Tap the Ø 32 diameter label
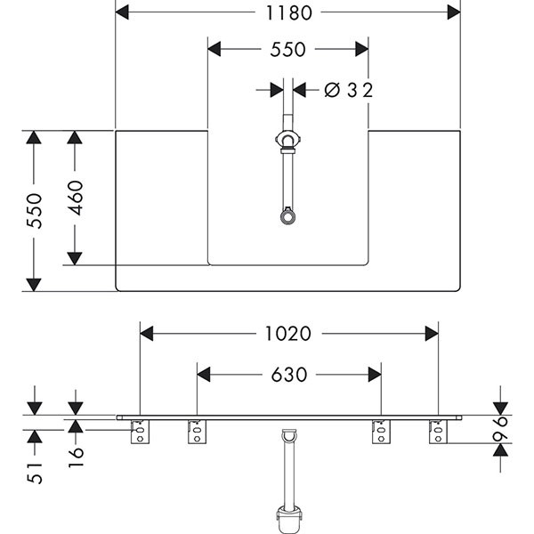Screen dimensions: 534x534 (x=347, y=89)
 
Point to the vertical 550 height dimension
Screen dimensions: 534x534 (x=34, y=210)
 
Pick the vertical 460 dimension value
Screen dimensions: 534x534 (x=75, y=198)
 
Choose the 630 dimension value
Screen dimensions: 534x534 (x=287, y=376)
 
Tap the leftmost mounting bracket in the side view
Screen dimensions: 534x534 (x=140, y=433)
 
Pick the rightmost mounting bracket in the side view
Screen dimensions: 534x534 (x=436, y=433)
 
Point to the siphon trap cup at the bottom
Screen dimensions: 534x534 (x=287, y=518)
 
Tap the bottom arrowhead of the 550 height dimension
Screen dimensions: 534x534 (x=34, y=285)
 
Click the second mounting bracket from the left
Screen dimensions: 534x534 (x=195, y=433)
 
